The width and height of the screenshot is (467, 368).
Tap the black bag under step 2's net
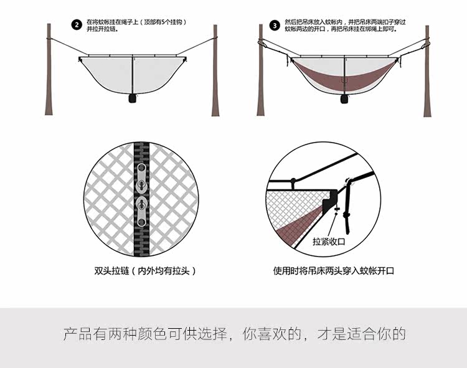tap(133, 98)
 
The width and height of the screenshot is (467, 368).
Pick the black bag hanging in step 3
tap(342, 98)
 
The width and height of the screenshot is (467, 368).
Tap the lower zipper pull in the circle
tap(143, 212)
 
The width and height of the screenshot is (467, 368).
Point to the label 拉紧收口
tap(329, 241)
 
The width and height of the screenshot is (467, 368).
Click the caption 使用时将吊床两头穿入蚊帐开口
tap(334, 271)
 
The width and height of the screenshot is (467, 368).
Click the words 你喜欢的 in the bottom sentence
tap(273, 334)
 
